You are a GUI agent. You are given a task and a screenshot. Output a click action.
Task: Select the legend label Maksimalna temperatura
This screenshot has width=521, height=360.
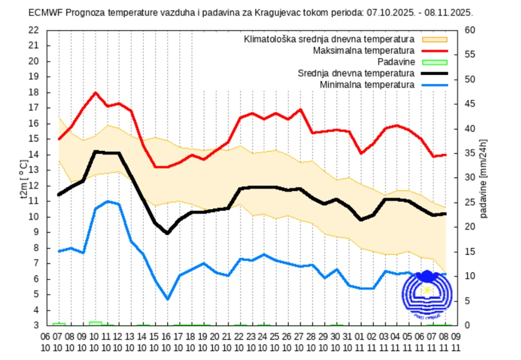pyautogui.click(x=364, y=50)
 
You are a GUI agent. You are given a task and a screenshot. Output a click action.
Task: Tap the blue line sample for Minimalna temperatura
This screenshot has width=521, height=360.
pyautogui.click(x=435, y=84)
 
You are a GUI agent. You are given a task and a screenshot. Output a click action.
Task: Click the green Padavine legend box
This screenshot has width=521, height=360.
pyautogui.click(x=435, y=62)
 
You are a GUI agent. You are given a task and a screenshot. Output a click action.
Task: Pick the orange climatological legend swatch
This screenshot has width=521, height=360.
pyautogui.click(x=435, y=39)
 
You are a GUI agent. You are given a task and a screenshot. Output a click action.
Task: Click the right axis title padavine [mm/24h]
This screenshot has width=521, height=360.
pyautogui.click(x=484, y=178)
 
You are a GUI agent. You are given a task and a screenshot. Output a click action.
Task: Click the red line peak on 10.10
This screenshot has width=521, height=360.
pyautogui.click(x=95, y=93)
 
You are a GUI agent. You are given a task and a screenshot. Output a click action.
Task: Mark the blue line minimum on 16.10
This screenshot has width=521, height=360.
pyautogui.click(x=167, y=299)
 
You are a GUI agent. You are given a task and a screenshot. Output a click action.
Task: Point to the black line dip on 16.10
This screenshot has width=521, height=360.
pyautogui.click(x=167, y=234)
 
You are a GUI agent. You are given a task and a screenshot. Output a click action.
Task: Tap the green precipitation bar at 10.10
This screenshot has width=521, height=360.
pyautogui.click(x=95, y=323)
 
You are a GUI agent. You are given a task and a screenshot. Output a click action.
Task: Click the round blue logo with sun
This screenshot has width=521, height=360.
pyautogui.click(x=427, y=294)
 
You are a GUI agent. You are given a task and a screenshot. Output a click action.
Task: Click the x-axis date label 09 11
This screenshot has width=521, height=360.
pyautogui.click(x=455, y=342)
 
